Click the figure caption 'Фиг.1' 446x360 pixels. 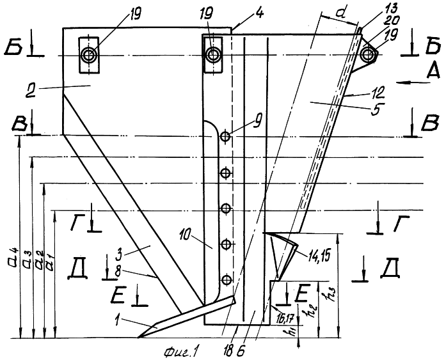[180, 352]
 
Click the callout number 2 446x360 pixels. [31, 91]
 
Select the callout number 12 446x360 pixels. [377, 91]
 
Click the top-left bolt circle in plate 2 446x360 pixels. [89, 55]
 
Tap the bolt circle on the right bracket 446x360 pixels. [367, 55]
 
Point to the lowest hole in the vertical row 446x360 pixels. [226, 279]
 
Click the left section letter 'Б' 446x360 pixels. [13, 49]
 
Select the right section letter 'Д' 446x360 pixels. [391, 269]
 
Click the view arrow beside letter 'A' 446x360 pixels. [413, 82]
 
